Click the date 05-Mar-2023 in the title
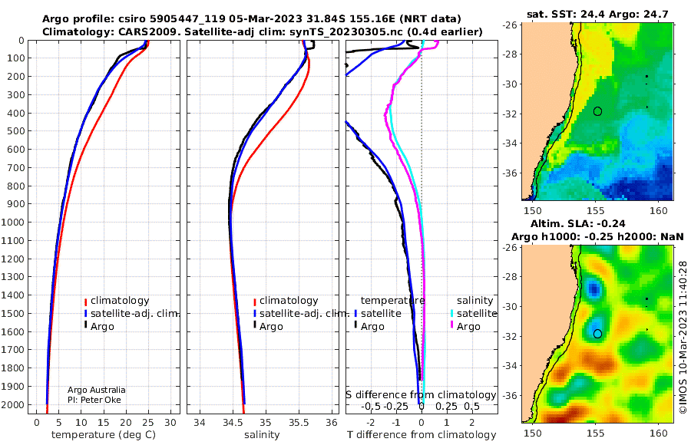(x=266, y=19)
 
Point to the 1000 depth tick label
(x=12, y=222)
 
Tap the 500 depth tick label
(x=15, y=131)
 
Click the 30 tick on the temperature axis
(x=170, y=422)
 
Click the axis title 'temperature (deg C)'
(x=104, y=435)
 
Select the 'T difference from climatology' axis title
(x=422, y=435)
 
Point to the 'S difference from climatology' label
(x=422, y=394)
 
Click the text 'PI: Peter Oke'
(x=94, y=400)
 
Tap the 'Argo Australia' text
(x=97, y=390)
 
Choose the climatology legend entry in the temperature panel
(x=117, y=301)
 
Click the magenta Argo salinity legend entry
(x=465, y=327)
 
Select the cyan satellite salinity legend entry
(x=473, y=314)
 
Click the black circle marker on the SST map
(x=597, y=111)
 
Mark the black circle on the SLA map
(x=597, y=334)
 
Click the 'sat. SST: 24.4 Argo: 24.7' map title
(x=597, y=14)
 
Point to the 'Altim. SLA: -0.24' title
(x=577, y=223)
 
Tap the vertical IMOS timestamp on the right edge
(x=683, y=337)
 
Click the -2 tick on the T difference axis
(x=370, y=422)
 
